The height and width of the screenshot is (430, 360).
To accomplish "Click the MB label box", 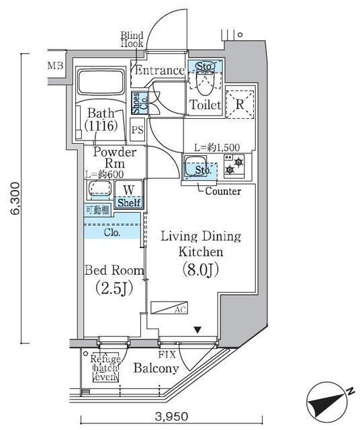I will pos(55,66).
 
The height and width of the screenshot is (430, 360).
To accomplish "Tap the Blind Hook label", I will pos(132,40).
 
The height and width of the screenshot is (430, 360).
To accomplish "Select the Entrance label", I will pos(159,71).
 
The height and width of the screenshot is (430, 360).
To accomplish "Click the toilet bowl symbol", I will pos(201,84).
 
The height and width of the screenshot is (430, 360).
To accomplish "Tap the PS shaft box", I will pos(138,130).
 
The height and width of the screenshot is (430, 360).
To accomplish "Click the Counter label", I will pos(223,191).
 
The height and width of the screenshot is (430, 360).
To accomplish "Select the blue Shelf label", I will pos(129,202).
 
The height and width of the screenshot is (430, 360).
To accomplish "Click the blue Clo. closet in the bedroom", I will pos(112,232).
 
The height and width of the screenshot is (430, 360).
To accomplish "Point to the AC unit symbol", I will pos(170,308).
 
